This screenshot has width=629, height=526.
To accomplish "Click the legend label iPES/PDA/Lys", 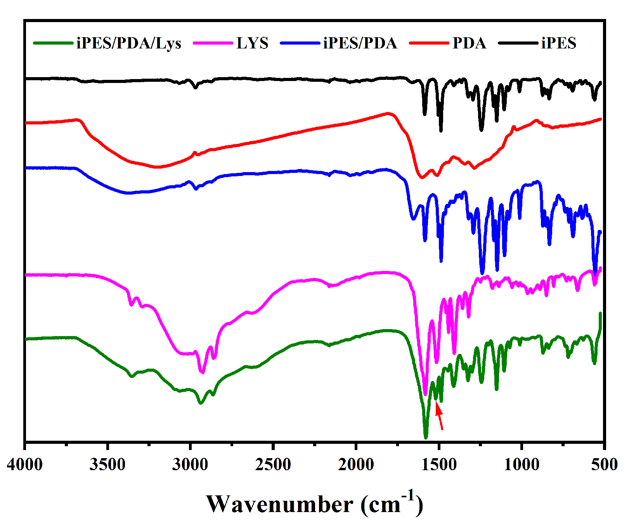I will (x=129, y=43).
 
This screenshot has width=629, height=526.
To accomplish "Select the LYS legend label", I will (x=252, y=43).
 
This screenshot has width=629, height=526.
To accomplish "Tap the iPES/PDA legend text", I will (x=360, y=43).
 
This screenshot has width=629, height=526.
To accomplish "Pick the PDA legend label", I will (x=469, y=43).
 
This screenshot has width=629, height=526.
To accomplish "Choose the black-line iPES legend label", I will (x=559, y=43).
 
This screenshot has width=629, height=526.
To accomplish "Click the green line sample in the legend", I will (x=53, y=43).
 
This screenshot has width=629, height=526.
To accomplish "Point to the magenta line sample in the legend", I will (x=213, y=43).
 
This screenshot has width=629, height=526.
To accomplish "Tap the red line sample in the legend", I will (x=429, y=43).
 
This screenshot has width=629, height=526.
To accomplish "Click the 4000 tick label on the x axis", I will (x=25, y=464).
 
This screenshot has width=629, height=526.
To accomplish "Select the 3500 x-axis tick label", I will (x=107, y=464).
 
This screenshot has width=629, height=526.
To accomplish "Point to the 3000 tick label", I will (x=190, y=464).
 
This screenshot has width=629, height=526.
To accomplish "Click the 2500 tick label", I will (x=273, y=464).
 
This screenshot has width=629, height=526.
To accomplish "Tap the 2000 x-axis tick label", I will (x=356, y=464).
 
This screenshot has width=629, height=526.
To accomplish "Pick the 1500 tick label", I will (x=439, y=464).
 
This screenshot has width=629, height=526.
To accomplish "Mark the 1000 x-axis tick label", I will (x=522, y=464).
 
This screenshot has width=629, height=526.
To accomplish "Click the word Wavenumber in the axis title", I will (x=279, y=505).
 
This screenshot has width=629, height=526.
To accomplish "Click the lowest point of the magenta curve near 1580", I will (x=425, y=394).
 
